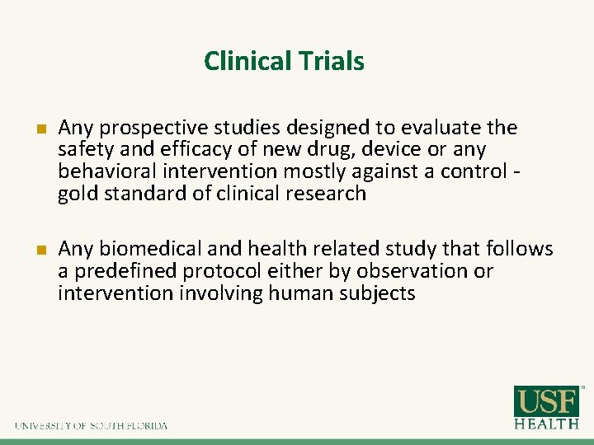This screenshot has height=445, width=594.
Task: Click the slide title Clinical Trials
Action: pyautogui.click(x=284, y=61)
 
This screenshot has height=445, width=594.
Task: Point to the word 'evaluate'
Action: pyautogui.click(x=446, y=129)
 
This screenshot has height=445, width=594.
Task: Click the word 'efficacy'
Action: pyautogui.click(x=185, y=150)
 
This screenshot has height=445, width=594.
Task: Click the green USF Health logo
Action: pyautogui.click(x=547, y=407)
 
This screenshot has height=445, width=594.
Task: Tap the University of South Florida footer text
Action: pyautogui.click(x=91, y=426)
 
